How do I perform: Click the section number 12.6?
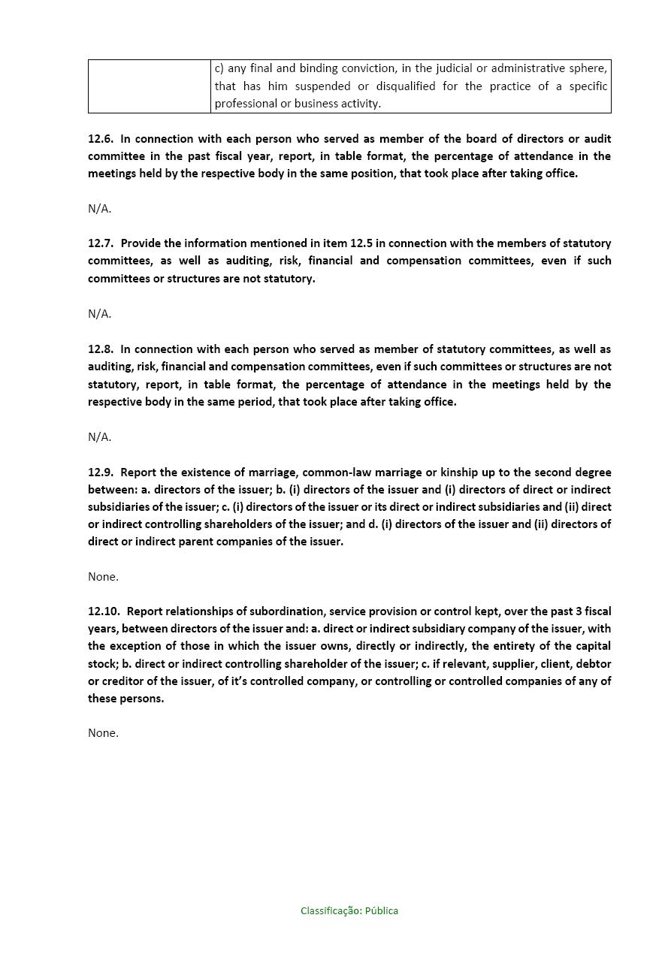coord(101,139)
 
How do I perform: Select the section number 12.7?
coord(101,243)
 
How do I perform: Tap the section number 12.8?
coord(101,349)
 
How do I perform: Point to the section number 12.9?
coord(101,472)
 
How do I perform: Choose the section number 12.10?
coord(104,611)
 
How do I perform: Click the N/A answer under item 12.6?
coord(99,209)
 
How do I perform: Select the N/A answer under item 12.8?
coord(99,437)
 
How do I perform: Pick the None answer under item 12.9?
coord(103,577)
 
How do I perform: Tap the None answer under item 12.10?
coord(103,733)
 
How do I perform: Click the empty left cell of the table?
coord(149,86)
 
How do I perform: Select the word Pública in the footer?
coord(382,911)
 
